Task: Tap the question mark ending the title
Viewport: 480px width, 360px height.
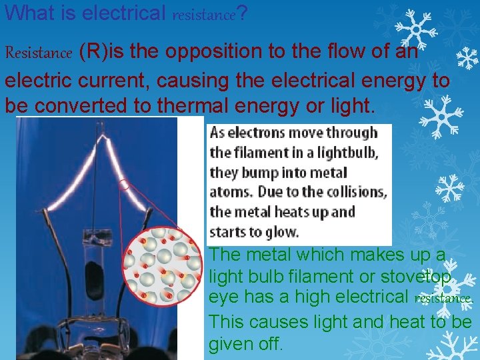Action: [243, 12]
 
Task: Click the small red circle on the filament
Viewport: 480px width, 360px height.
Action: [124, 184]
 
